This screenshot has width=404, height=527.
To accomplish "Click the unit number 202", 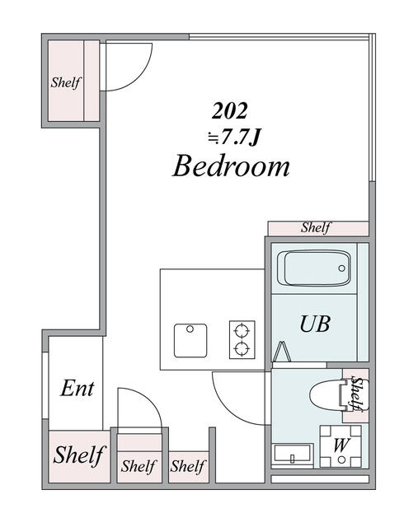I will point(231,110).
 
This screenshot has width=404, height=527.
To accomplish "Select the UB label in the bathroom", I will point(314,324).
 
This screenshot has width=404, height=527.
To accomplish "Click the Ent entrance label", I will point(77,389).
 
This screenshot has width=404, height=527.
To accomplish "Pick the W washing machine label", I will point(339,445).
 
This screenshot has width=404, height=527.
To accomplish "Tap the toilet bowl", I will point(326,396).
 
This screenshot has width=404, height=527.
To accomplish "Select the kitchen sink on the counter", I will point(190,338).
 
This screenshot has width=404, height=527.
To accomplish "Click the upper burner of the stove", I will point(242,332).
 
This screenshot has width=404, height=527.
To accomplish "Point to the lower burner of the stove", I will point(242,348).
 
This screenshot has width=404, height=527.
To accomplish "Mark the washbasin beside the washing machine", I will point(292,455).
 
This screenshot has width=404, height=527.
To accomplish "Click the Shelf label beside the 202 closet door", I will point(66,83).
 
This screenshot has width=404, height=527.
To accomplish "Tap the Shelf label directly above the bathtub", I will point(316,228).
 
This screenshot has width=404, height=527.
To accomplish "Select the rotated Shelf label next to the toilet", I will point(356,394).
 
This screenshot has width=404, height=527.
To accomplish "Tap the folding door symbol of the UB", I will point(284,352).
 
